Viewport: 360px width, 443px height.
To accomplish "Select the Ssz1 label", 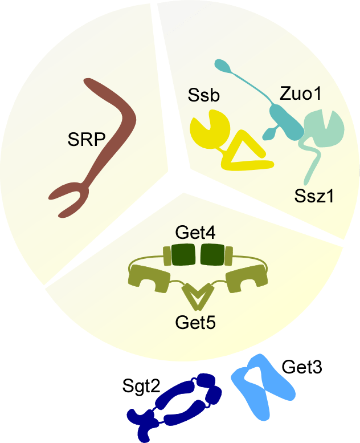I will pos(315,196).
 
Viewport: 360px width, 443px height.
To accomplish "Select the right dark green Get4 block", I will pos(212,255).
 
